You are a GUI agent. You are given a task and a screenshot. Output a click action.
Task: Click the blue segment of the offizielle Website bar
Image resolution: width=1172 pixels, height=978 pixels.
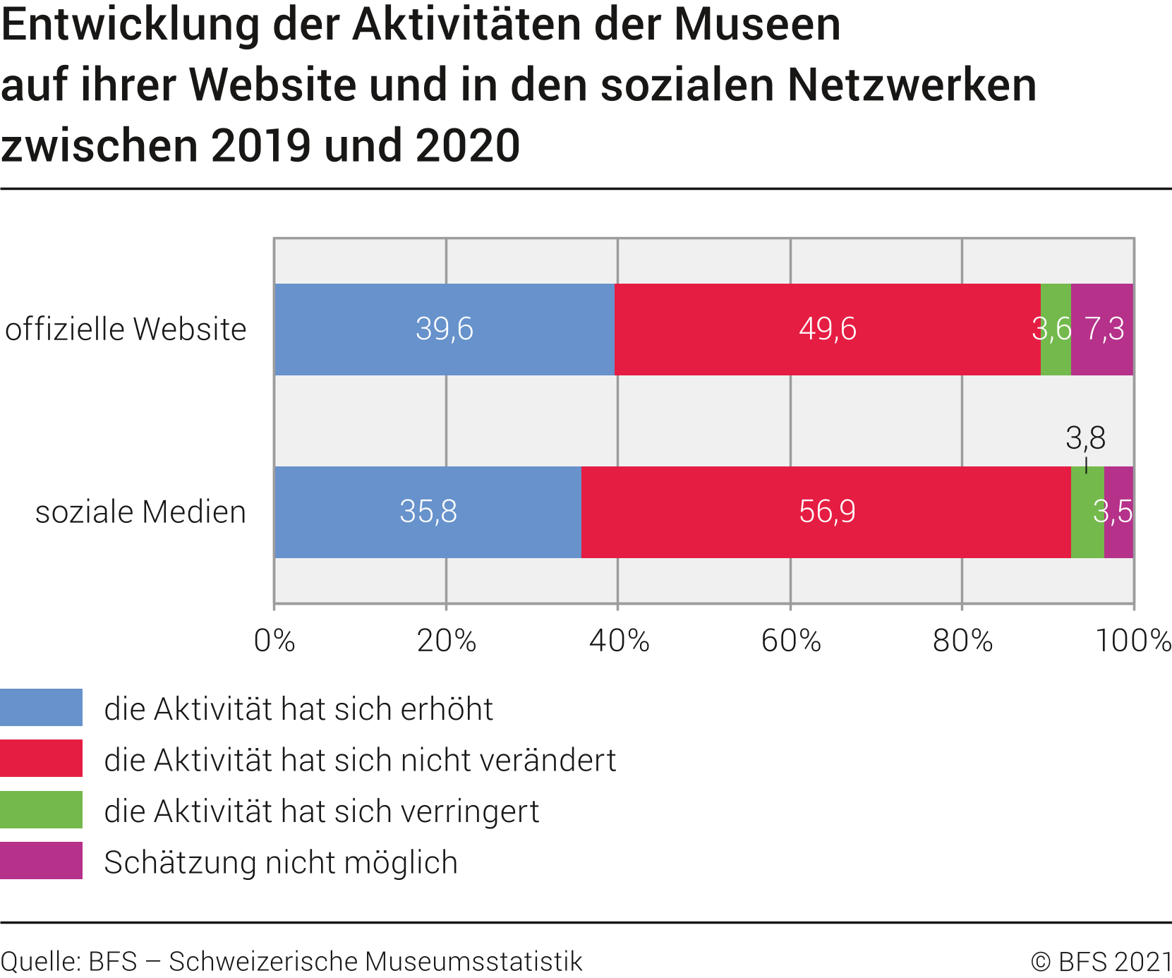[445, 330]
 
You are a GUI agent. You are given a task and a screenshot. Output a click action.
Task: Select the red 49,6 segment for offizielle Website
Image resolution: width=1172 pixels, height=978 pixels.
[827, 330]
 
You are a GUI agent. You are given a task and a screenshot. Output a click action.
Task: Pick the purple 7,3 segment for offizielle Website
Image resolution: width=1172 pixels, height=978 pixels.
[1102, 330]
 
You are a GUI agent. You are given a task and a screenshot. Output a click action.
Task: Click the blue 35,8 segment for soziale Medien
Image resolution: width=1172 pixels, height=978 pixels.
[428, 512]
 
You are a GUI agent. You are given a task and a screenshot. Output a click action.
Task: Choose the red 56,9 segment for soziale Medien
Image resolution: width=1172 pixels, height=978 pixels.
[826, 512]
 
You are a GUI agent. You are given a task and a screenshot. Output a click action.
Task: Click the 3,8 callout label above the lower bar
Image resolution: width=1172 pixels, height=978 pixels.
[1085, 438]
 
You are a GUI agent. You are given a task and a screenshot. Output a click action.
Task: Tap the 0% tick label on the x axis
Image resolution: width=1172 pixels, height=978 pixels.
[274, 641]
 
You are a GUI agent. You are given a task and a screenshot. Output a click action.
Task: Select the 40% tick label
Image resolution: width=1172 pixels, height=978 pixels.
[619, 641]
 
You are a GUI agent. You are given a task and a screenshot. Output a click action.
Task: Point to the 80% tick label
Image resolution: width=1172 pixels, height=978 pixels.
[962, 641]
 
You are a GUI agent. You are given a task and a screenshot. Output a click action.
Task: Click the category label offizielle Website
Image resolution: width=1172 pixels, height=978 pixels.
[126, 330]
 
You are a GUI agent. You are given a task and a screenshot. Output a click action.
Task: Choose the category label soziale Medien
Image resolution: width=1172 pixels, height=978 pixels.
[140, 512]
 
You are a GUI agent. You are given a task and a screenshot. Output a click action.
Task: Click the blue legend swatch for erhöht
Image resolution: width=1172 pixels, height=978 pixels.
[41, 708]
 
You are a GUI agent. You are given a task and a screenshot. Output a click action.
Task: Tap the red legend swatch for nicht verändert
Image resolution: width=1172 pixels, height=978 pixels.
[41, 759]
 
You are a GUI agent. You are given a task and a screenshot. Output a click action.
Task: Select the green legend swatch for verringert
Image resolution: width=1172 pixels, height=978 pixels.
[41, 810]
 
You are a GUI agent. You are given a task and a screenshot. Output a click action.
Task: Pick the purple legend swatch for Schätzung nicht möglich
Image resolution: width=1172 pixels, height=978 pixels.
[41, 861]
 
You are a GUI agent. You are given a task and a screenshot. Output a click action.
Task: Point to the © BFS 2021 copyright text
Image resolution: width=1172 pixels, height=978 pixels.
[1101, 962]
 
